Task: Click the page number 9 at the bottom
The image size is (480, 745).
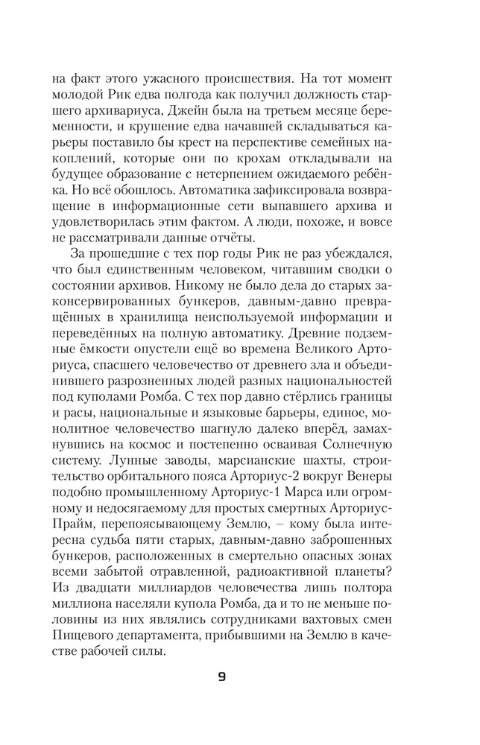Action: tap(223, 677)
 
